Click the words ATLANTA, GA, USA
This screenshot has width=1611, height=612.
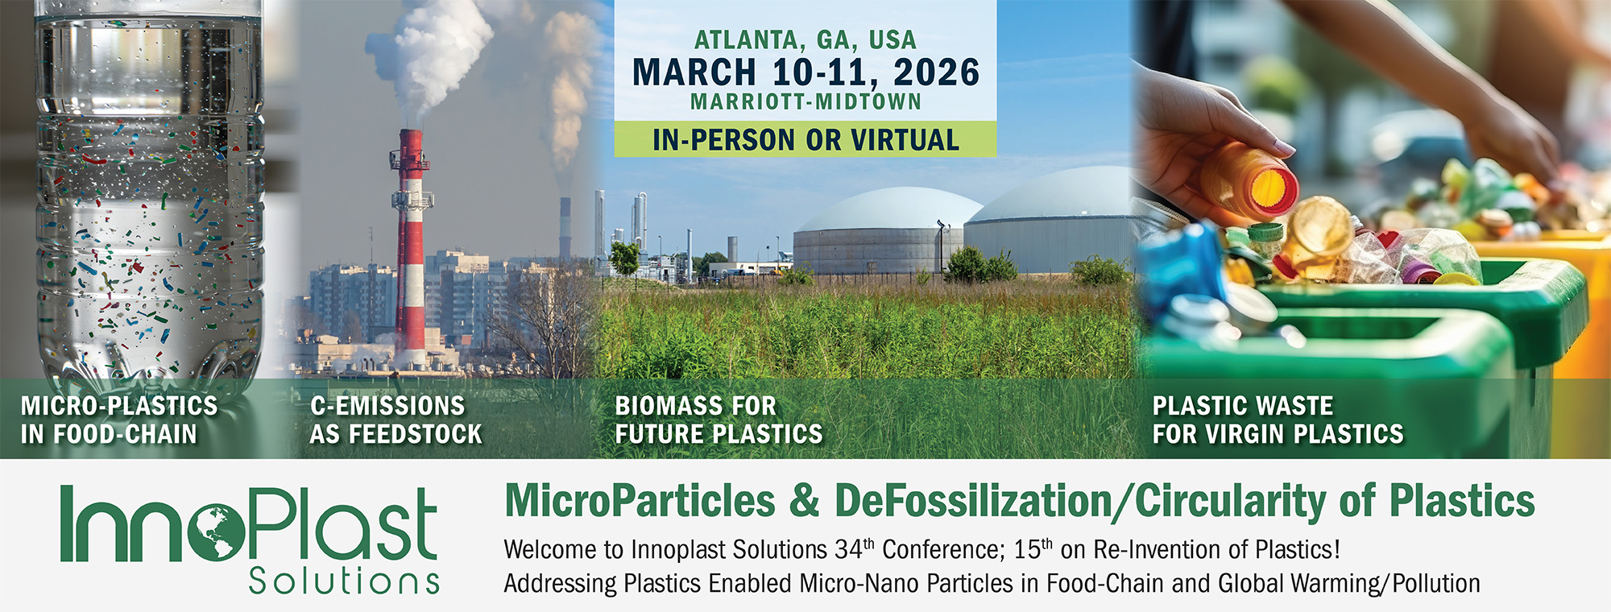coord(805,39)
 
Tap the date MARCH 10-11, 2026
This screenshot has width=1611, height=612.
coord(805,72)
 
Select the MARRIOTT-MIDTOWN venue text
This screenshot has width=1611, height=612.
coord(805,101)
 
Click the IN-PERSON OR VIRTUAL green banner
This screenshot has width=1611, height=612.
coord(805,139)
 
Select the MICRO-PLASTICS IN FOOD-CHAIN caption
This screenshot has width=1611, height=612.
coord(119,420)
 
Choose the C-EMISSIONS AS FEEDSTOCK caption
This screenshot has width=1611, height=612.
coord(396,420)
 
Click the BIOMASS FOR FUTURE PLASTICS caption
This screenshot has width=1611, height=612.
coord(719,420)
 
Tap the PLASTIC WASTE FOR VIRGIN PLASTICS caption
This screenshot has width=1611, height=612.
coord(1278,420)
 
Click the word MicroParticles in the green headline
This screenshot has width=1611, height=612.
coord(640,501)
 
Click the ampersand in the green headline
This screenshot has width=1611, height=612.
coord(805,501)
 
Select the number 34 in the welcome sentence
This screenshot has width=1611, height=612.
coord(848,550)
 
